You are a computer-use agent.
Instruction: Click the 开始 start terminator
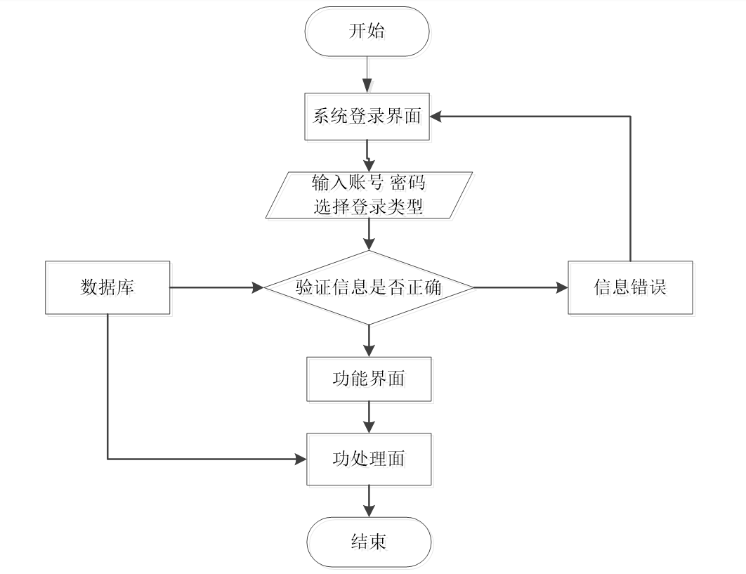coord(367,32)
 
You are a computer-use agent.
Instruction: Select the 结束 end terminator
coord(368,542)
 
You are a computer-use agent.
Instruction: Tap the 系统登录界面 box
coord(367,117)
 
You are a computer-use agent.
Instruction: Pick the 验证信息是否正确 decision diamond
coord(369,287)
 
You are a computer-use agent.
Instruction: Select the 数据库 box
coord(107,287)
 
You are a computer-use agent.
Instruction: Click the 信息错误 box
coord(630,287)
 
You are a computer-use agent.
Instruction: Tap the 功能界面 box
coord(369,379)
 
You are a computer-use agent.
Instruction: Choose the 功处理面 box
coord(369,459)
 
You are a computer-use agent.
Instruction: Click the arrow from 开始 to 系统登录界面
coord(367,74)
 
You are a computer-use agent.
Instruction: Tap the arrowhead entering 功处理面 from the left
coord(301,459)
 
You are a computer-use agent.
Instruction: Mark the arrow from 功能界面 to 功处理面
coord(369,417)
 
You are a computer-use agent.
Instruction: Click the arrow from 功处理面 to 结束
coord(369,501)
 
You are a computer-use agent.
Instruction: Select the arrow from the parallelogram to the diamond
coord(369,234)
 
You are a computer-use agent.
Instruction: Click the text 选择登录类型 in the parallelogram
coord(369,207)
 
